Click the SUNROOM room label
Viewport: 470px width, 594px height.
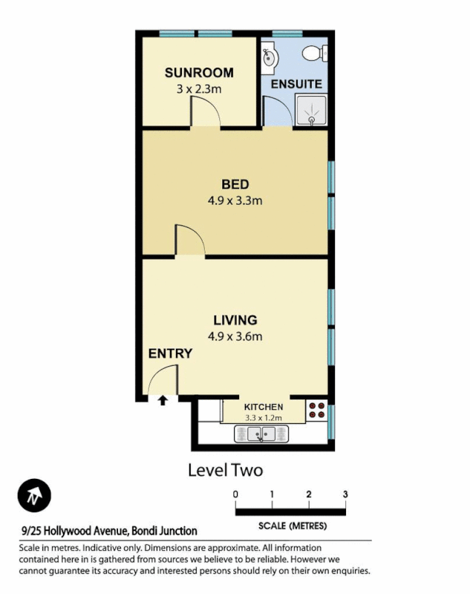pyautogui.click(x=199, y=73)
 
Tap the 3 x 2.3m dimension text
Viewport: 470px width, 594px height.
pyautogui.click(x=199, y=88)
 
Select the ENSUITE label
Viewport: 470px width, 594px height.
pyautogui.click(x=296, y=84)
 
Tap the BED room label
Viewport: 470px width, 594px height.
pyautogui.click(x=235, y=184)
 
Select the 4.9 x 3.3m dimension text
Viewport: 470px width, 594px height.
pyautogui.click(x=235, y=200)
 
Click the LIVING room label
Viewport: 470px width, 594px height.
pyautogui.click(x=235, y=320)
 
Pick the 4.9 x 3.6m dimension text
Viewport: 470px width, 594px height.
pyautogui.click(x=235, y=336)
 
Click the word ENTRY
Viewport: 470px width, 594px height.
pyautogui.click(x=170, y=353)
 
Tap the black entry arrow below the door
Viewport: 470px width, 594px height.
pyautogui.click(x=163, y=402)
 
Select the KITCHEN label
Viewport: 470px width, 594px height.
pyautogui.click(x=264, y=407)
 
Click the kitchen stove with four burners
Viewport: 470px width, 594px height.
pyautogui.click(x=316, y=409)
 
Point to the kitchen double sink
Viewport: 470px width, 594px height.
pyautogui.click(x=260, y=434)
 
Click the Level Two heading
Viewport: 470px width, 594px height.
pyautogui.click(x=225, y=469)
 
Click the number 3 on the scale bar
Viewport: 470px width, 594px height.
pyautogui.click(x=345, y=494)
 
